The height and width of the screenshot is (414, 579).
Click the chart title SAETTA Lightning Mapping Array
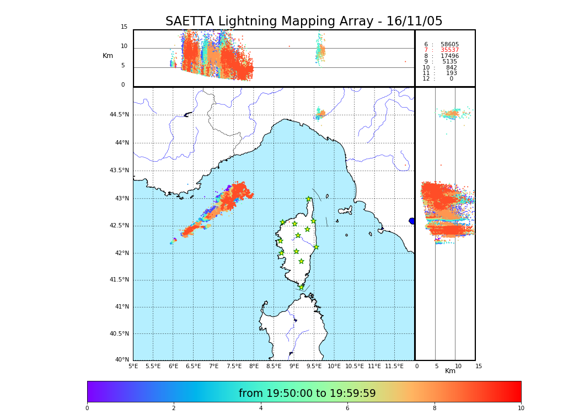tap(304, 22)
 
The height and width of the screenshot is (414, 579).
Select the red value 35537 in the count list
tap(449, 50)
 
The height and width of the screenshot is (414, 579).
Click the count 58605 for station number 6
tap(449, 45)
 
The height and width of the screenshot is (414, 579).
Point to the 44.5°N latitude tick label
tap(119, 115)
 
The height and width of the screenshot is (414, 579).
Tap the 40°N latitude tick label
tap(122, 360)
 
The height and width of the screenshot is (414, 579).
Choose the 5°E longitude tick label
tap(133, 367)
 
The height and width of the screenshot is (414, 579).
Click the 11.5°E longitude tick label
tap(394, 367)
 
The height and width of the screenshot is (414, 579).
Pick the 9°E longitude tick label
tap(294, 367)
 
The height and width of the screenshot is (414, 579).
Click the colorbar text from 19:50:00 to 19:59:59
tap(307, 394)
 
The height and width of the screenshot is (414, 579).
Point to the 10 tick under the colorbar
tap(521, 408)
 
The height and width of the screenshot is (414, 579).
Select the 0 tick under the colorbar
tap(87, 408)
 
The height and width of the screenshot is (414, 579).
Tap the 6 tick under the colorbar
tap(347, 408)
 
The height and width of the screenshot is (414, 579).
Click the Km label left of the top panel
tap(108, 56)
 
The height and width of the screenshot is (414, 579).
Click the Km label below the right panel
tap(450, 371)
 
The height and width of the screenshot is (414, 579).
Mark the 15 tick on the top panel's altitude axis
tap(124, 27)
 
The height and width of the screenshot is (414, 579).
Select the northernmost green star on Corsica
tap(309, 199)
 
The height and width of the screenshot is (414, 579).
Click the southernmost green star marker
tap(301, 287)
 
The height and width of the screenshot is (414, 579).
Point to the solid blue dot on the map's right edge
tap(412, 221)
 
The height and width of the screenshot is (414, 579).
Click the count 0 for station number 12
tap(451, 79)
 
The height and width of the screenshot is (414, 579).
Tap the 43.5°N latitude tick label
tap(119, 170)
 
